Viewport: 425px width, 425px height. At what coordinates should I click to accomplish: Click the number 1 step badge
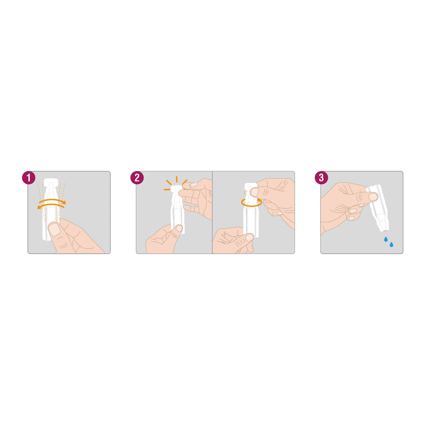pos(28,178)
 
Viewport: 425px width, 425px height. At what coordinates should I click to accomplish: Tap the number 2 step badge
pos(137,178)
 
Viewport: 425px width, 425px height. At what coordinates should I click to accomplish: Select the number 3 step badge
pos(321,178)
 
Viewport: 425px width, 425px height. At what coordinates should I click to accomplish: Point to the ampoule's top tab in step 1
pos(51,182)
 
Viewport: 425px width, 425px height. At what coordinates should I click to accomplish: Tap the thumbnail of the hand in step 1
pos(54,229)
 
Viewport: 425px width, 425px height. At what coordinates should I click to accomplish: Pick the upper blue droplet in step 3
pos(386,239)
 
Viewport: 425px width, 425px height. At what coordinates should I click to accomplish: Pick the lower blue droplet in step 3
pos(392,244)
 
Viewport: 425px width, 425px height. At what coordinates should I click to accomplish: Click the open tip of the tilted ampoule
pos(384,229)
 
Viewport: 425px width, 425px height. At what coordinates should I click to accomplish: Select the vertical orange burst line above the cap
pos(176,179)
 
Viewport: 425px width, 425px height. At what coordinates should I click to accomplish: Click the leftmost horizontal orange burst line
pos(167,189)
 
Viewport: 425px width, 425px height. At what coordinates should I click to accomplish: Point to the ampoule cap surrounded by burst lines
pos(176,187)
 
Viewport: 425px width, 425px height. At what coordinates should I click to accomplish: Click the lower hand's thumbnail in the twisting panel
pos(249,237)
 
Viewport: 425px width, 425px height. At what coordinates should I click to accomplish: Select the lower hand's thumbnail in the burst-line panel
pos(179,228)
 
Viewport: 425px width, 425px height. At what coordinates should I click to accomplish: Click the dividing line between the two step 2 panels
pos(212,213)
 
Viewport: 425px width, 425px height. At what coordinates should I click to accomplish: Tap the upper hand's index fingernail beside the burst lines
pos(194,185)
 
